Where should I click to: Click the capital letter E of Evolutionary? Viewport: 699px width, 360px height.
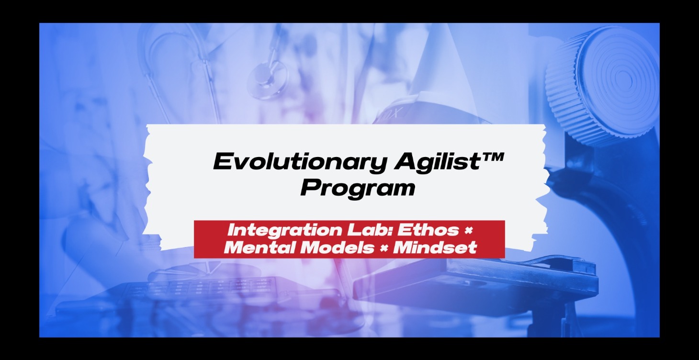tap(222, 163)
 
